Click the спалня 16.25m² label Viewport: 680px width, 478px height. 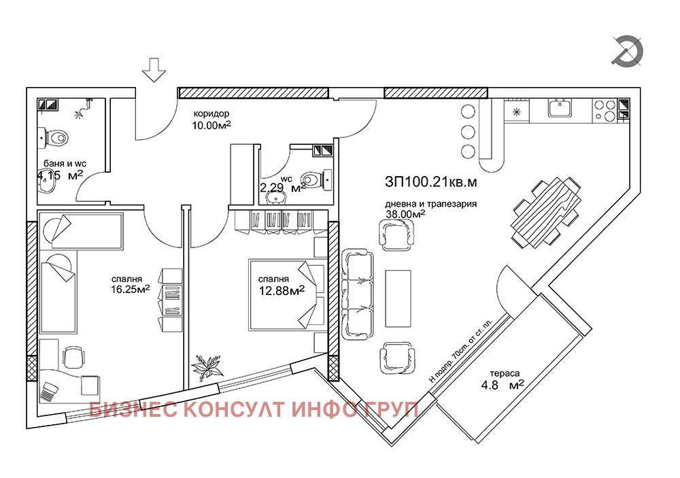click(x=131, y=284)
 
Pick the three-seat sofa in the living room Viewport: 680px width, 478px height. click(x=359, y=295)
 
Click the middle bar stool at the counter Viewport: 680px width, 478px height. click(x=468, y=131)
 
